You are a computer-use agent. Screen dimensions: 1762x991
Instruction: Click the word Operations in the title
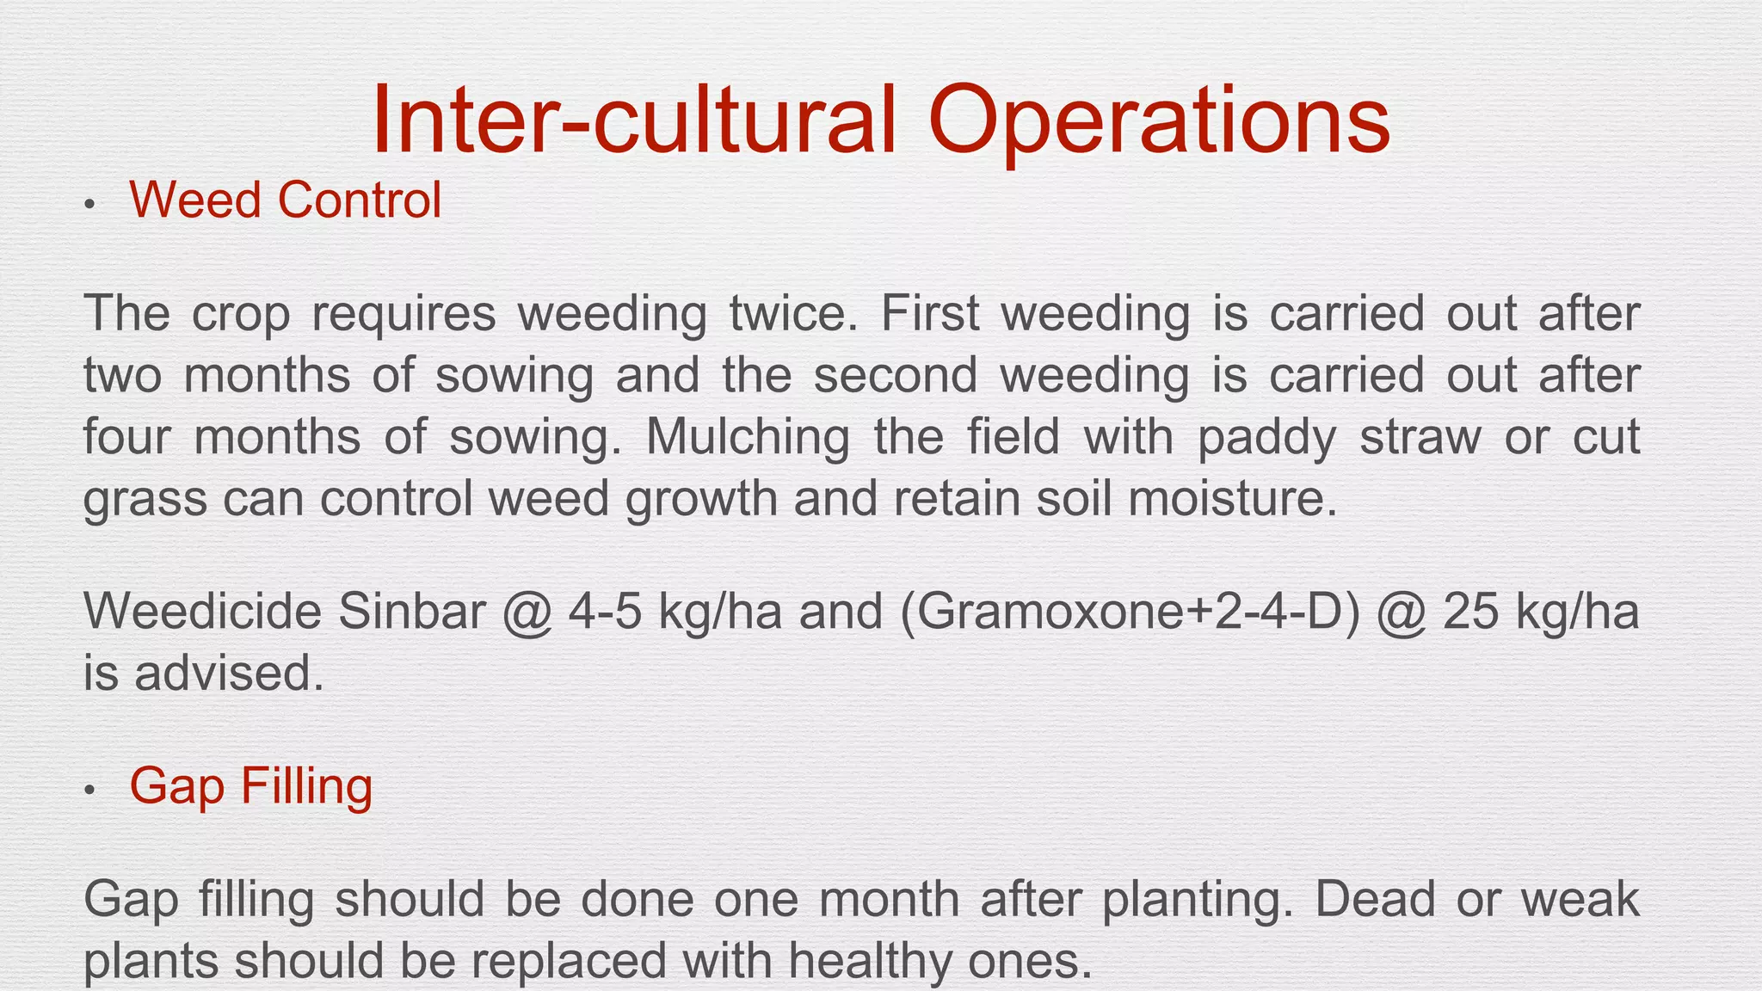click(1159, 123)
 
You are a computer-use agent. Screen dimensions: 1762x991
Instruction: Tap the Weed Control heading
click(286, 200)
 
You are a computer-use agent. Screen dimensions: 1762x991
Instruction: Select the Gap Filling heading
click(251, 787)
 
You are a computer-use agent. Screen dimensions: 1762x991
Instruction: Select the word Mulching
click(748, 438)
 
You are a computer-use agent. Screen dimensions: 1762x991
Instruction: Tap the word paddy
click(1266, 438)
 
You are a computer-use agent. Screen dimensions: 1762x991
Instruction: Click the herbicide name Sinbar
click(412, 612)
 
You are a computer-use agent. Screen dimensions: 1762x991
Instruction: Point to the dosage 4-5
click(604, 612)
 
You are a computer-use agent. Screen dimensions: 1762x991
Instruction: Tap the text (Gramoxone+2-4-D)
click(1131, 613)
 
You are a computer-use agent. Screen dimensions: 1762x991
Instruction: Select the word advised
click(229, 673)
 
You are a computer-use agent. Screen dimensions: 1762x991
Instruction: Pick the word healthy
click(867, 961)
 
